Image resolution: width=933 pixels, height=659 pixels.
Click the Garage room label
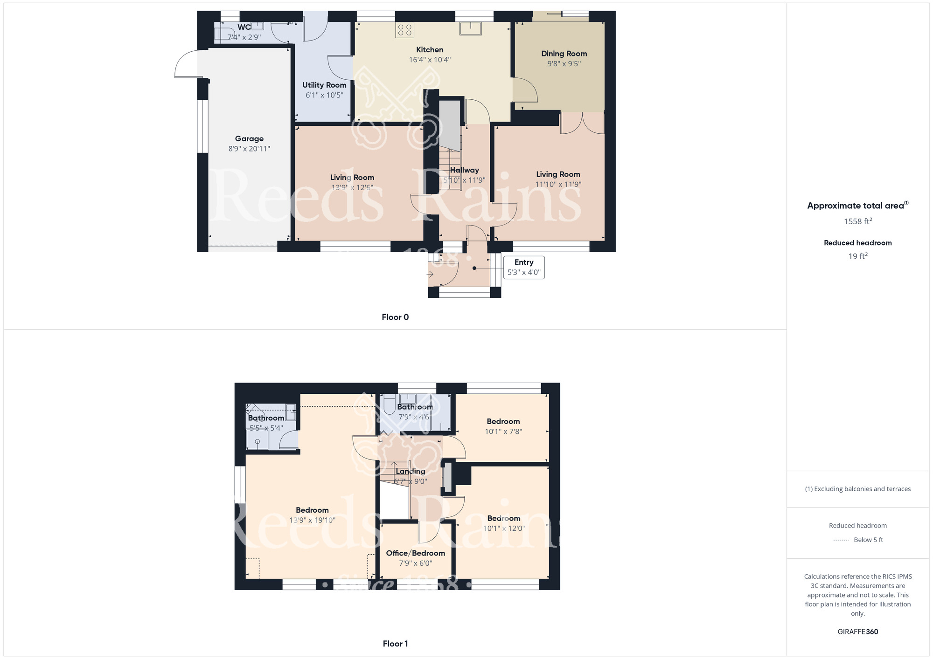click(249, 138)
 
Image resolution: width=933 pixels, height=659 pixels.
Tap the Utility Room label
click(324, 85)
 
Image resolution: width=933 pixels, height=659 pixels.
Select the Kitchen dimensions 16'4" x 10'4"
click(430, 60)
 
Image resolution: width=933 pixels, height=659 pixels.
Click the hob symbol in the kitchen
click(405, 30)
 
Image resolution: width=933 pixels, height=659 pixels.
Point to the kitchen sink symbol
click(471, 28)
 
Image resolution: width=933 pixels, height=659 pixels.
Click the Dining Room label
click(564, 54)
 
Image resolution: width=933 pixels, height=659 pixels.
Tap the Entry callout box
click(524, 267)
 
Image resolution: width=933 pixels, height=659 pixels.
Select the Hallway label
click(464, 170)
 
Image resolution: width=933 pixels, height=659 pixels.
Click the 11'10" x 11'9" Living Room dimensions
click(558, 184)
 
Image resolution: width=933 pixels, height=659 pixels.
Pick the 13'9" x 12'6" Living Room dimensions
click(352, 187)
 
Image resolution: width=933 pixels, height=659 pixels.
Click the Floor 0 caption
click(395, 317)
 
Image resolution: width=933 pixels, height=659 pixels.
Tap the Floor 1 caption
click(395, 644)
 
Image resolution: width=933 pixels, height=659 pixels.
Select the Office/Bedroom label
click(415, 553)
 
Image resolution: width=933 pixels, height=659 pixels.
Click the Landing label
click(411, 471)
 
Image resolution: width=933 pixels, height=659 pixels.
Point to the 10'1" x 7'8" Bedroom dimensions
click(503, 432)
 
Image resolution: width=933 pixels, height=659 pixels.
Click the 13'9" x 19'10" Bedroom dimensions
click(312, 520)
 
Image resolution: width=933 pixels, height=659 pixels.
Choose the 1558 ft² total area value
click(858, 221)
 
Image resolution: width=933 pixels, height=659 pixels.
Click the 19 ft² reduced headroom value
click(858, 256)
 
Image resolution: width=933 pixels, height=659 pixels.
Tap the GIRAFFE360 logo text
click(858, 632)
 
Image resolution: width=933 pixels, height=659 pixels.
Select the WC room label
click(244, 27)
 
